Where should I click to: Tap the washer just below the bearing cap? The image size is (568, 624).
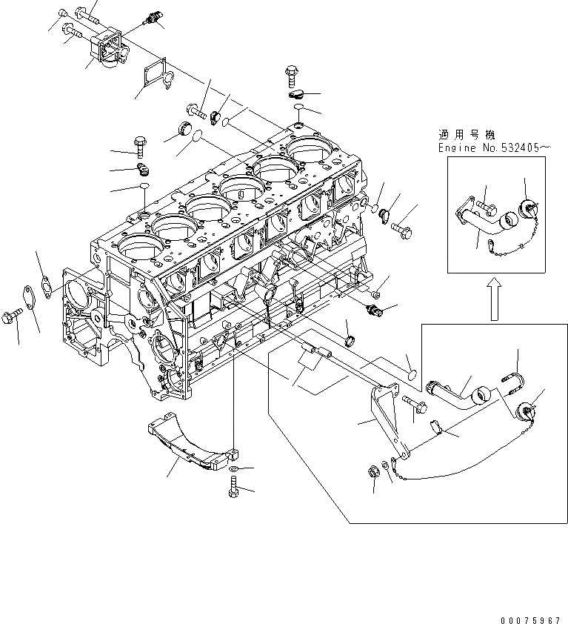click(x=234, y=470)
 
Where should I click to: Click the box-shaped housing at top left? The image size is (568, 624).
click(x=108, y=46)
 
